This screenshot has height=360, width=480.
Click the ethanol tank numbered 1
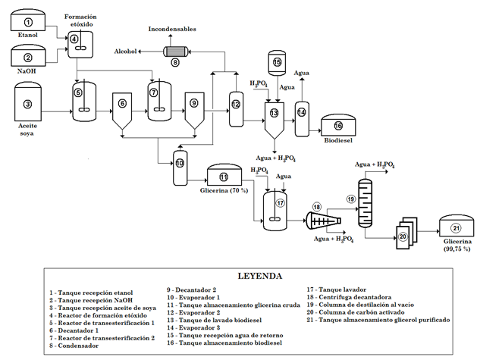pyautogui.click(x=29, y=23)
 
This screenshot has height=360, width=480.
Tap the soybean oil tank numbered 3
pyautogui.click(x=28, y=105)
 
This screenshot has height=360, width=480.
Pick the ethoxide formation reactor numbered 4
pyautogui.click(x=75, y=48)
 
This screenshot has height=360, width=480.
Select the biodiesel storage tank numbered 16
pyautogui.click(x=338, y=127)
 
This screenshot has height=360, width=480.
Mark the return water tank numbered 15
pyautogui.click(x=277, y=64)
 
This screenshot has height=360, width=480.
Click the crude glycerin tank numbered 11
pyautogui.click(x=224, y=177)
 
